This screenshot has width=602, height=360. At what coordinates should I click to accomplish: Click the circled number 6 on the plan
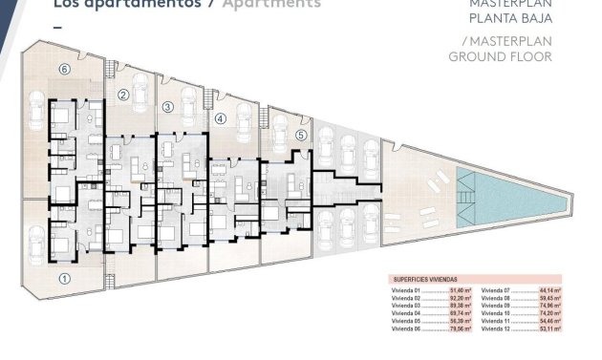click(64, 70)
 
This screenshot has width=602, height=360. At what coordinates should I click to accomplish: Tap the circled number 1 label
click(64, 279)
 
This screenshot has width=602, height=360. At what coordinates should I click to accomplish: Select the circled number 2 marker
click(123, 95)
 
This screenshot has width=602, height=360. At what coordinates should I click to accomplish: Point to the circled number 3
click(168, 107)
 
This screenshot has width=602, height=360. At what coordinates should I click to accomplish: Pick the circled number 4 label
click(221, 119)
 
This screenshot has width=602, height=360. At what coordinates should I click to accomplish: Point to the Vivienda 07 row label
click(496, 289)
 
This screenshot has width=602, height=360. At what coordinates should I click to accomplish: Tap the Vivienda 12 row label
click(496, 332)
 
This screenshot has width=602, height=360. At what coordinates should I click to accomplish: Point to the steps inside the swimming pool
click(464, 179)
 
